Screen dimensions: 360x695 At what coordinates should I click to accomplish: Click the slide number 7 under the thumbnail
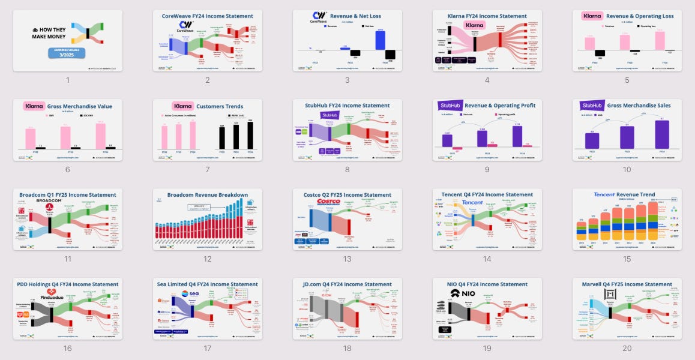point(208,170)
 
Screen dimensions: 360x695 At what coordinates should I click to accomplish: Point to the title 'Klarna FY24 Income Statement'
point(487,16)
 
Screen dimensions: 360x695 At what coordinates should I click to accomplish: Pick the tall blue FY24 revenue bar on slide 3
point(380,40)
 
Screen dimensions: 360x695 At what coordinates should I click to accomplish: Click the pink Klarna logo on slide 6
point(34,106)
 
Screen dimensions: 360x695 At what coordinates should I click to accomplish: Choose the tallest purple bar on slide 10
point(662,134)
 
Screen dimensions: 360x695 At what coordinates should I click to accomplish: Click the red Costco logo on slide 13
point(328,202)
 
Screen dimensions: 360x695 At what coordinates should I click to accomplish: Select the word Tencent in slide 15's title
point(604,195)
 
